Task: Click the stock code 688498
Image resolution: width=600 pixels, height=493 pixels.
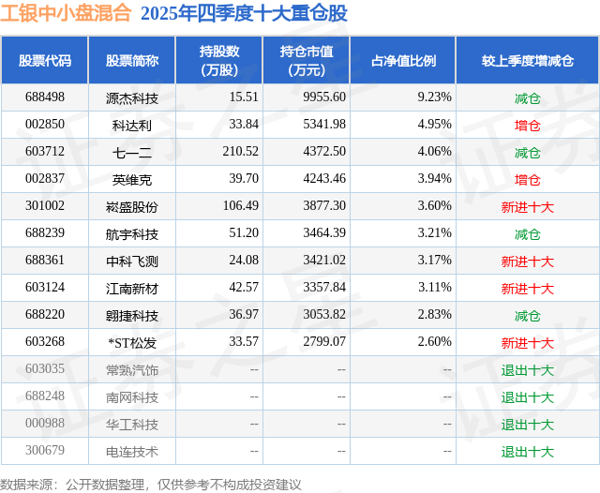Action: [45, 97]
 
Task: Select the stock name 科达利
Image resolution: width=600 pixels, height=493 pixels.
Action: [132, 125]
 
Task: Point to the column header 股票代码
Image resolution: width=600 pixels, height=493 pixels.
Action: [45, 61]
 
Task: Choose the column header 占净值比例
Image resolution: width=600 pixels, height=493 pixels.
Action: [404, 61]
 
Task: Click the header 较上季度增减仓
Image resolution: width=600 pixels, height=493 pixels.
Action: [527, 61]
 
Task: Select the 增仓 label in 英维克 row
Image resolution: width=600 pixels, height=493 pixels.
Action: [528, 179]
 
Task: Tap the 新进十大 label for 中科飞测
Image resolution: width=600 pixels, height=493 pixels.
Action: [528, 261]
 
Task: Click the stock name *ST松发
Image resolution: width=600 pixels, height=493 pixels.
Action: [132, 342]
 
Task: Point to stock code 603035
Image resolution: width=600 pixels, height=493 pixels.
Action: [45, 369]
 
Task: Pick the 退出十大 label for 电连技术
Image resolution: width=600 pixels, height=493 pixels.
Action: [528, 451]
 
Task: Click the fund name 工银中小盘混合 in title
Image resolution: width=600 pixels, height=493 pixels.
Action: [66, 14]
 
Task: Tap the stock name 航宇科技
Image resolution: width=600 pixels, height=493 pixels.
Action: [132, 233]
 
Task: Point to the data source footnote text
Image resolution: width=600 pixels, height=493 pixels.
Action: [151, 484]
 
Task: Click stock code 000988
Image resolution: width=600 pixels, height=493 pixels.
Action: [45, 424]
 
